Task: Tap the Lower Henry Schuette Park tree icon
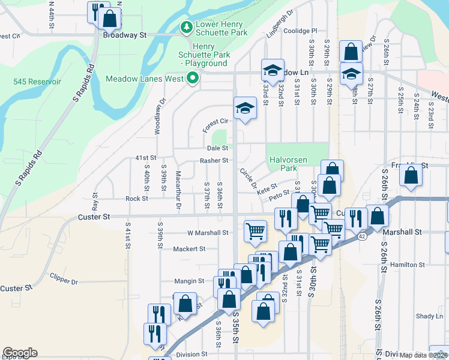click(x=187, y=27)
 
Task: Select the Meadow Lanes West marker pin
click(x=193, y=78)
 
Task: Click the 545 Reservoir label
click(x=37, y=81)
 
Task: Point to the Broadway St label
click(x=125, y=35)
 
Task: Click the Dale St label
click(x=217, y=148)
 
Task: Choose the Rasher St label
click(x=214, y=160)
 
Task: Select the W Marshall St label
click(x=208, y=233)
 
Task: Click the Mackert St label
click(x=189, y=248)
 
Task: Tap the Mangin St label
click(x=189, y=281)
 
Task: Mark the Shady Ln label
click(x=429, y=316)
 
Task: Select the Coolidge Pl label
click(x=300, y=31)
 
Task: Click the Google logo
click(x=20, y=353)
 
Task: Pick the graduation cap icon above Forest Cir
click(x=245, y=108)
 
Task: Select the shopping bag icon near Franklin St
click(x=411, y=175)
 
